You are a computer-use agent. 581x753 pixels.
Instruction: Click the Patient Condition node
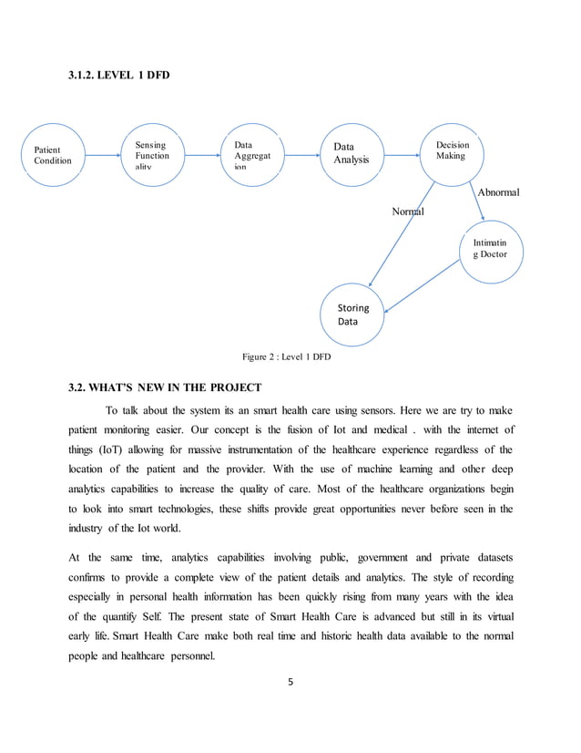click(x=53, y=155)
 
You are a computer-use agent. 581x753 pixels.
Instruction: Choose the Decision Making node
click(x=452, y=153)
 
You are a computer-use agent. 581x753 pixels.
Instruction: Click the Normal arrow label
click(x=408, y=211)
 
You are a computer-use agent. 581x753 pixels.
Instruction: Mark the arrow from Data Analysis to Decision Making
click(x=402, y=155)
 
